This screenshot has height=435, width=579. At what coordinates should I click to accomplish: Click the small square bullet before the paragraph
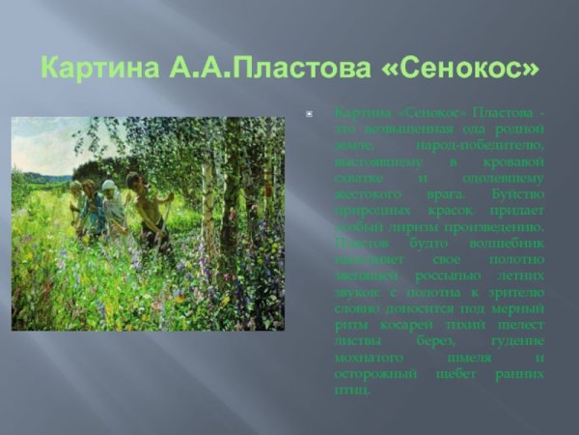click(309, 114)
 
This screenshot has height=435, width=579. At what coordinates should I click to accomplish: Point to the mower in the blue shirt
click(91, 208)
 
